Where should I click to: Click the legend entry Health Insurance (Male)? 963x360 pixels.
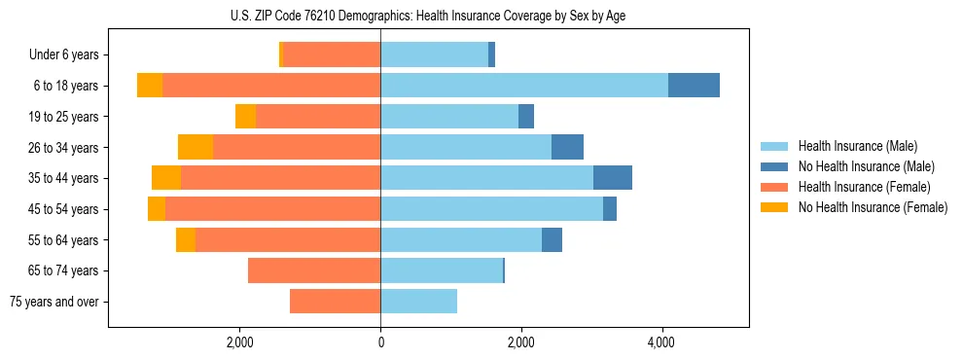coord(856,146)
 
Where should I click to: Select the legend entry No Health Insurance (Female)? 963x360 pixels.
coord(873,207)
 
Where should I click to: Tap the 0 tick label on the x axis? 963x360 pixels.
coord(380,343)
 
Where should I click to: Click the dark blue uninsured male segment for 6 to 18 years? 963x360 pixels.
coord(694,86)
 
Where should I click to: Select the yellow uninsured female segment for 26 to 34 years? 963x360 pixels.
coord(196,147)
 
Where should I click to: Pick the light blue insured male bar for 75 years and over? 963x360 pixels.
coord(418,302)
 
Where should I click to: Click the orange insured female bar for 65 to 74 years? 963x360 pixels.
coord(314,270)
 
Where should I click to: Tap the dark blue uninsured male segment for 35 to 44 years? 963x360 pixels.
coord(613,178)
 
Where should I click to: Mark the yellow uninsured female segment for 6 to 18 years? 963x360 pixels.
coord(150,86)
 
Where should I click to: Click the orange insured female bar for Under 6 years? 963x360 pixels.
coord(332,55)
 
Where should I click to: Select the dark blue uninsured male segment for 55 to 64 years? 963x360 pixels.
coord(552,239)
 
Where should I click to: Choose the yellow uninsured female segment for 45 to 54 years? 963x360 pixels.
coord(157,209)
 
